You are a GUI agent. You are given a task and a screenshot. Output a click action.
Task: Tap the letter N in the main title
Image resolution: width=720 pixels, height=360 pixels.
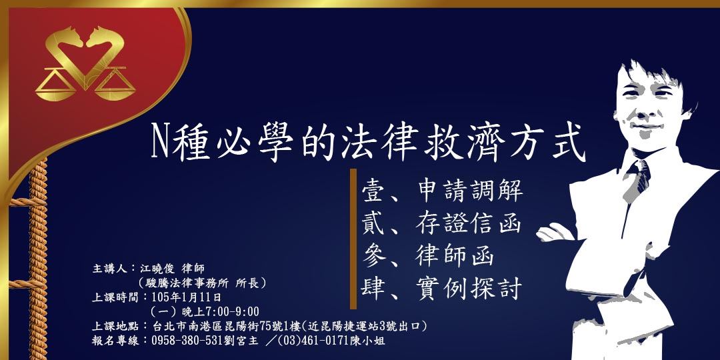coord(159,141)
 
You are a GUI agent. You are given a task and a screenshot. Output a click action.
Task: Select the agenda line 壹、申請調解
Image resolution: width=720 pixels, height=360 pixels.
coord(441,190)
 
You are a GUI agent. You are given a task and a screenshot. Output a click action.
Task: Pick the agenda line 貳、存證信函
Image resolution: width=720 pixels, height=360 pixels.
coord(441,223)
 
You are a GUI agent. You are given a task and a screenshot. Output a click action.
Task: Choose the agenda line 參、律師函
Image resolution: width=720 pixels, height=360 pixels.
coord(426,255)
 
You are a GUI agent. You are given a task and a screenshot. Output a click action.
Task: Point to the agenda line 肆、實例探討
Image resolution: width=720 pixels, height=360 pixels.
coord(441,288)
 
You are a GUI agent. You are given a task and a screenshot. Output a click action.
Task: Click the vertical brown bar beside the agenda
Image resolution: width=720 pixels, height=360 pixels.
coord(353,239)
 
